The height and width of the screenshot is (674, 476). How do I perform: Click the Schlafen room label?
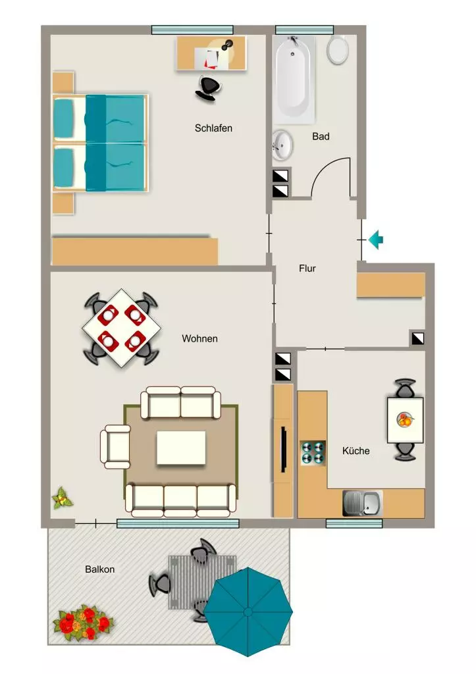point(213,128)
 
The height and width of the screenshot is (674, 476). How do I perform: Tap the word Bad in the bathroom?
point(321,136)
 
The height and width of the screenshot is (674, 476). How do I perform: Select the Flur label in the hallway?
point(307,269)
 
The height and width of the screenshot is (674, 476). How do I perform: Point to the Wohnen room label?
point(199,338)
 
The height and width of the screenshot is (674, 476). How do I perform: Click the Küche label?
point(356,450)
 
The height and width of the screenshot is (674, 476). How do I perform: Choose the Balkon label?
point(100,569)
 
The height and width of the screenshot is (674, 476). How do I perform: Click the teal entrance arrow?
point(376,240)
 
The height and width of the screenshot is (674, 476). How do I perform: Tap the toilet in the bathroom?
point(338,49)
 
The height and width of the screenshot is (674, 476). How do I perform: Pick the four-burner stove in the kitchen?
point(313,453)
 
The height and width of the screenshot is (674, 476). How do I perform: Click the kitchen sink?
point(363,503)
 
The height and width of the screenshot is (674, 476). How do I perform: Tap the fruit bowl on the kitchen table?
point(405,419)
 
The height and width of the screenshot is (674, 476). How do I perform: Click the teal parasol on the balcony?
point(248,611)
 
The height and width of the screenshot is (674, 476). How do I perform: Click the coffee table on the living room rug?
point(181,448)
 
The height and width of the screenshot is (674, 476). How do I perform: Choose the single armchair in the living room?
point(115,447)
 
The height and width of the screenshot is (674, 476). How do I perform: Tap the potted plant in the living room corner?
point(63,498)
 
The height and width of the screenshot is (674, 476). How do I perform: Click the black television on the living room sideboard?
point(284,449)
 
